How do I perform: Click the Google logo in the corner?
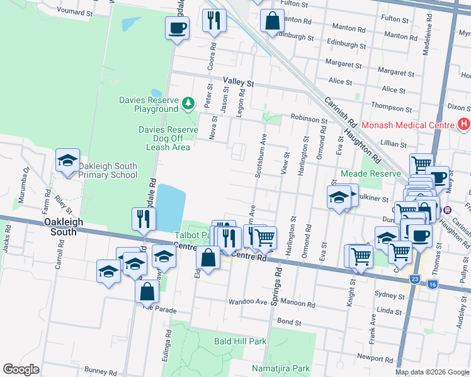[x=21, y=369]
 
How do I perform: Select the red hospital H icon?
[x=464, y=124]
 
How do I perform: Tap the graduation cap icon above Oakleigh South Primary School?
[x=67, y=161]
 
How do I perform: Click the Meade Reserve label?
[x=370, y=173]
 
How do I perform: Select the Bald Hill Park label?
[x=240, y=341]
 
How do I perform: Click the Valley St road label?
[x=238, y=82]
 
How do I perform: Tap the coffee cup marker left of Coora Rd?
[x=177, y=28]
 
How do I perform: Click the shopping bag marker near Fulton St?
[x=271, y=21]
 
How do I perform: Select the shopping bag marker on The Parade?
[x=147, y=292]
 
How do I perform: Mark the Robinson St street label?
[x=309, y=118]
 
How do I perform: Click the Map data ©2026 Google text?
[x=432, y=372]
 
